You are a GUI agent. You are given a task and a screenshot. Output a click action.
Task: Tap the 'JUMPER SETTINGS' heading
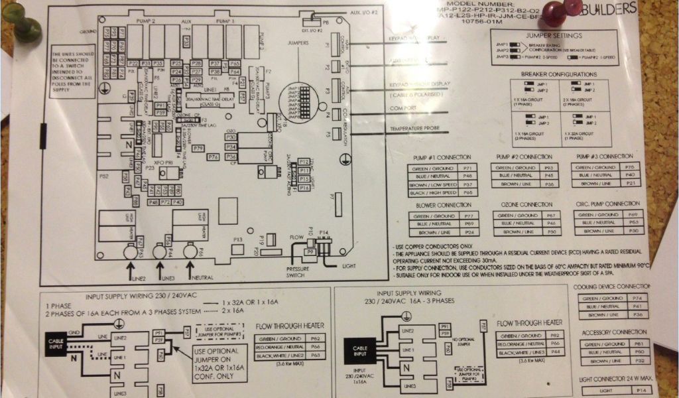(x=553, y=35)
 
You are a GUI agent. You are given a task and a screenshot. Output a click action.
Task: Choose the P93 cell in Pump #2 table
(x=548, y=168)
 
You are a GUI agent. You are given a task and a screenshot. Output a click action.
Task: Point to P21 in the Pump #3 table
(x=630, y=183)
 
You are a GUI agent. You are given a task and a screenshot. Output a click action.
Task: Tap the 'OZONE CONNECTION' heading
(x=526, y=205)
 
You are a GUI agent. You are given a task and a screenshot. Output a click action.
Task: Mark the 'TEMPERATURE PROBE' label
(x=416, y=128)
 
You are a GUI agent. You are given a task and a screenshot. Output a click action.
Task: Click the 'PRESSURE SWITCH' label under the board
(x=296, y=271)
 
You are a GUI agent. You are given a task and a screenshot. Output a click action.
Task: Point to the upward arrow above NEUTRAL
(x=191, y=267)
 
